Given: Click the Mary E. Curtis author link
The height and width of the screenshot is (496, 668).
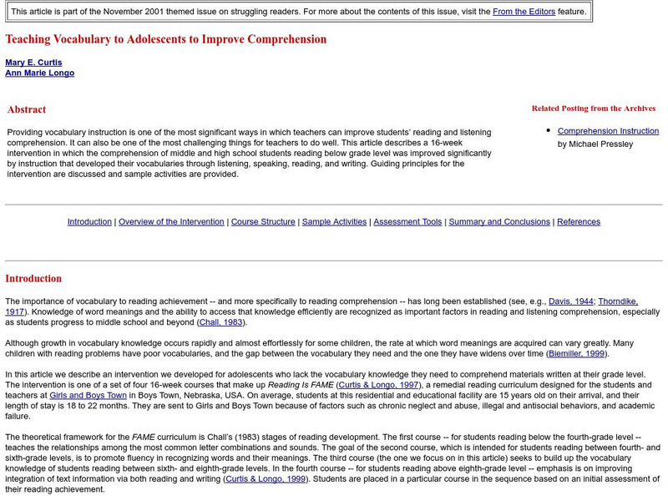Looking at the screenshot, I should pyautogui.click(x=33, y=63).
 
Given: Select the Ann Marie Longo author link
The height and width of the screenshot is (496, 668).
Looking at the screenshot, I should pyautogui.click(x=39, y=73).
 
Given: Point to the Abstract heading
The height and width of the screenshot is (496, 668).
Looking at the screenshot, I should pyautogui.click(x=27, y=109).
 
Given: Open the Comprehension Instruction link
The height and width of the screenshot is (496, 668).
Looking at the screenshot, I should pyautogui.click(x=608, y=131).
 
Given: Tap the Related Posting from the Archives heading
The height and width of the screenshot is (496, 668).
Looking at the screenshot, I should pyautogui.click(x=593, y=109).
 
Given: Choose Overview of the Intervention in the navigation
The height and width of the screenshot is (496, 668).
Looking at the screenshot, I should pyautogui.click(x=171, y=221).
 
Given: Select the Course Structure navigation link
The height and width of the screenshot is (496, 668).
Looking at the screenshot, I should pyautogui.click(x=263, y=221).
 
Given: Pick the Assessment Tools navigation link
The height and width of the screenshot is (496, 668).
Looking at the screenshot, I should pyautogui.click(x=407, y=221).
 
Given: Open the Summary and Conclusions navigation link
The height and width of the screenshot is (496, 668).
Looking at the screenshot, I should pyautogui.click(x=499, y=221).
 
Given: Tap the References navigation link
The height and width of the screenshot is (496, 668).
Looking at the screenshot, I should pyautogui.click(x=579, y=221).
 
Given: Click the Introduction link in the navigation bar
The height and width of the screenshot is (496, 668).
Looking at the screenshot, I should pyautogui.click(x=89, y=221).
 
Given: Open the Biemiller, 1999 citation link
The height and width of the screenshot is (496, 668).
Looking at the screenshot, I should pyautogui.click(x=577, y=353).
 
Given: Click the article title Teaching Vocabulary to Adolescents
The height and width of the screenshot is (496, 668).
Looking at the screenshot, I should pyautogui.click(x=166, y=39).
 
